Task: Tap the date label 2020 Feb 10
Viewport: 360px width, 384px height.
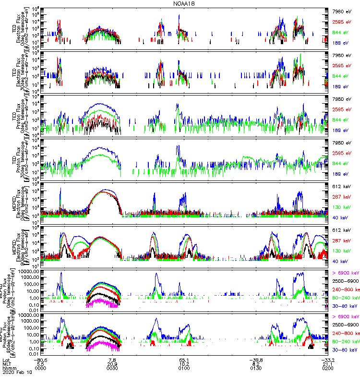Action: coord(15,372)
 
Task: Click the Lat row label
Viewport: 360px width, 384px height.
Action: coord(6,359)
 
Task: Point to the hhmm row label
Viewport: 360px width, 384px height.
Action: coord(8,368)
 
